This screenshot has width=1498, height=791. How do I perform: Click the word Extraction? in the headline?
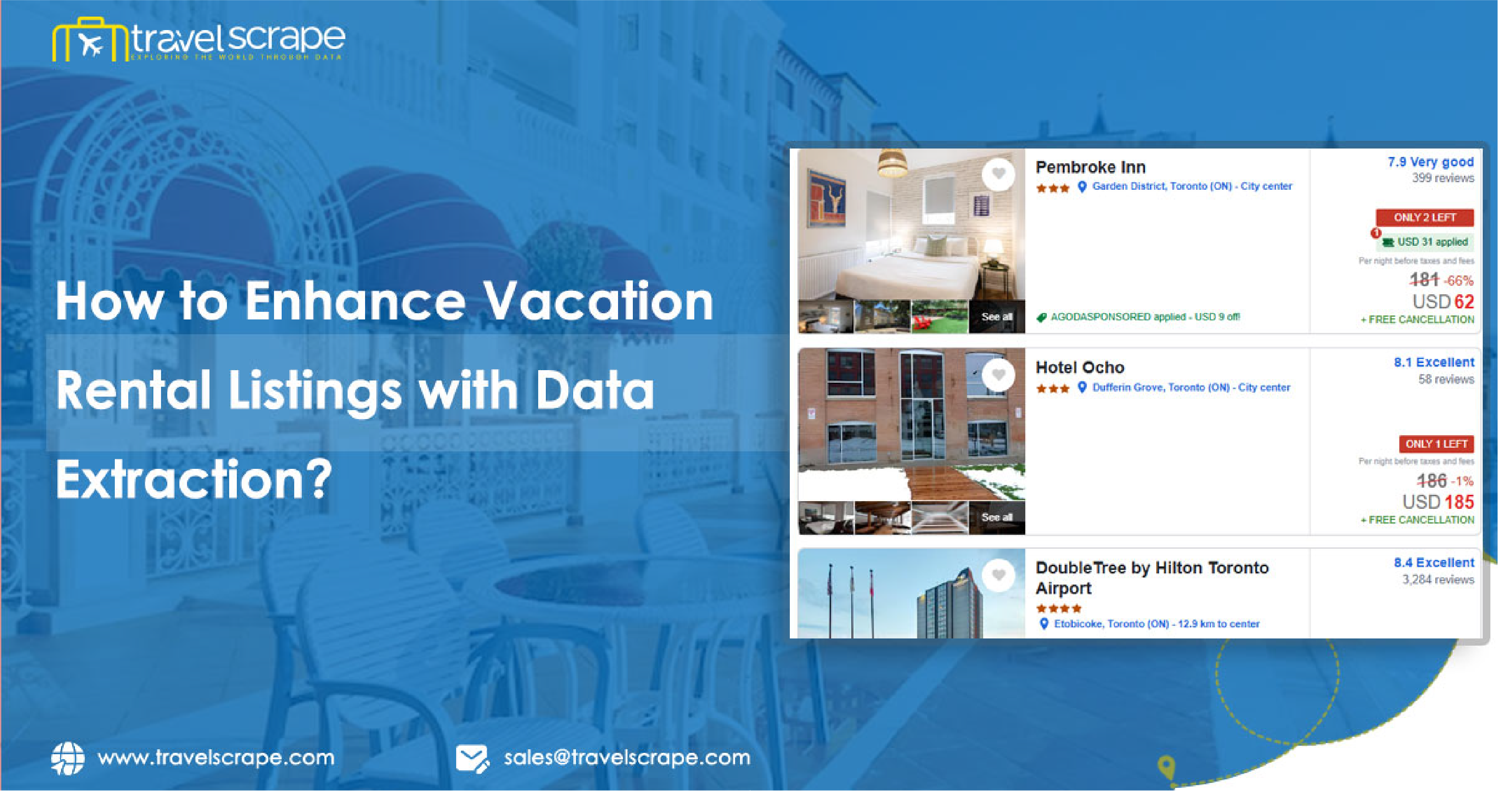(x=194, y=479)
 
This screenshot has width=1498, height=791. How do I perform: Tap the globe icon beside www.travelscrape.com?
(x=67, y=758)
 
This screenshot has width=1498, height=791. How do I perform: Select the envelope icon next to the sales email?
(x=472, y=758)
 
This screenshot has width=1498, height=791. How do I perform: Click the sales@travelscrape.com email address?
(x=627, y=758)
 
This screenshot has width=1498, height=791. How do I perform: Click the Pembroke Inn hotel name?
(x=1090, y=167)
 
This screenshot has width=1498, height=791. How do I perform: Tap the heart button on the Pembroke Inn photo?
(x=998, y=173)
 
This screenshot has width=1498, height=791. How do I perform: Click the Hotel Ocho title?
(x=1080, y=367)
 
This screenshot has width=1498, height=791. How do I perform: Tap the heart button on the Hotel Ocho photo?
(x=998, y=374)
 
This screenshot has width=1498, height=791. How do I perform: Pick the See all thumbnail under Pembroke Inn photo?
(x=996, y=317)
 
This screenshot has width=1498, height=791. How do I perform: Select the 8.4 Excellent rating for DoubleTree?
(x=1433, y=563)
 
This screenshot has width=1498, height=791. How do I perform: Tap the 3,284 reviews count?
(x=1437, y=580)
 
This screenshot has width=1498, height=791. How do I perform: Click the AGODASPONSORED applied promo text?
(x=1144, y=317)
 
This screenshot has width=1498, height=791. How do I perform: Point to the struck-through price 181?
(x=1424, y=280)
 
